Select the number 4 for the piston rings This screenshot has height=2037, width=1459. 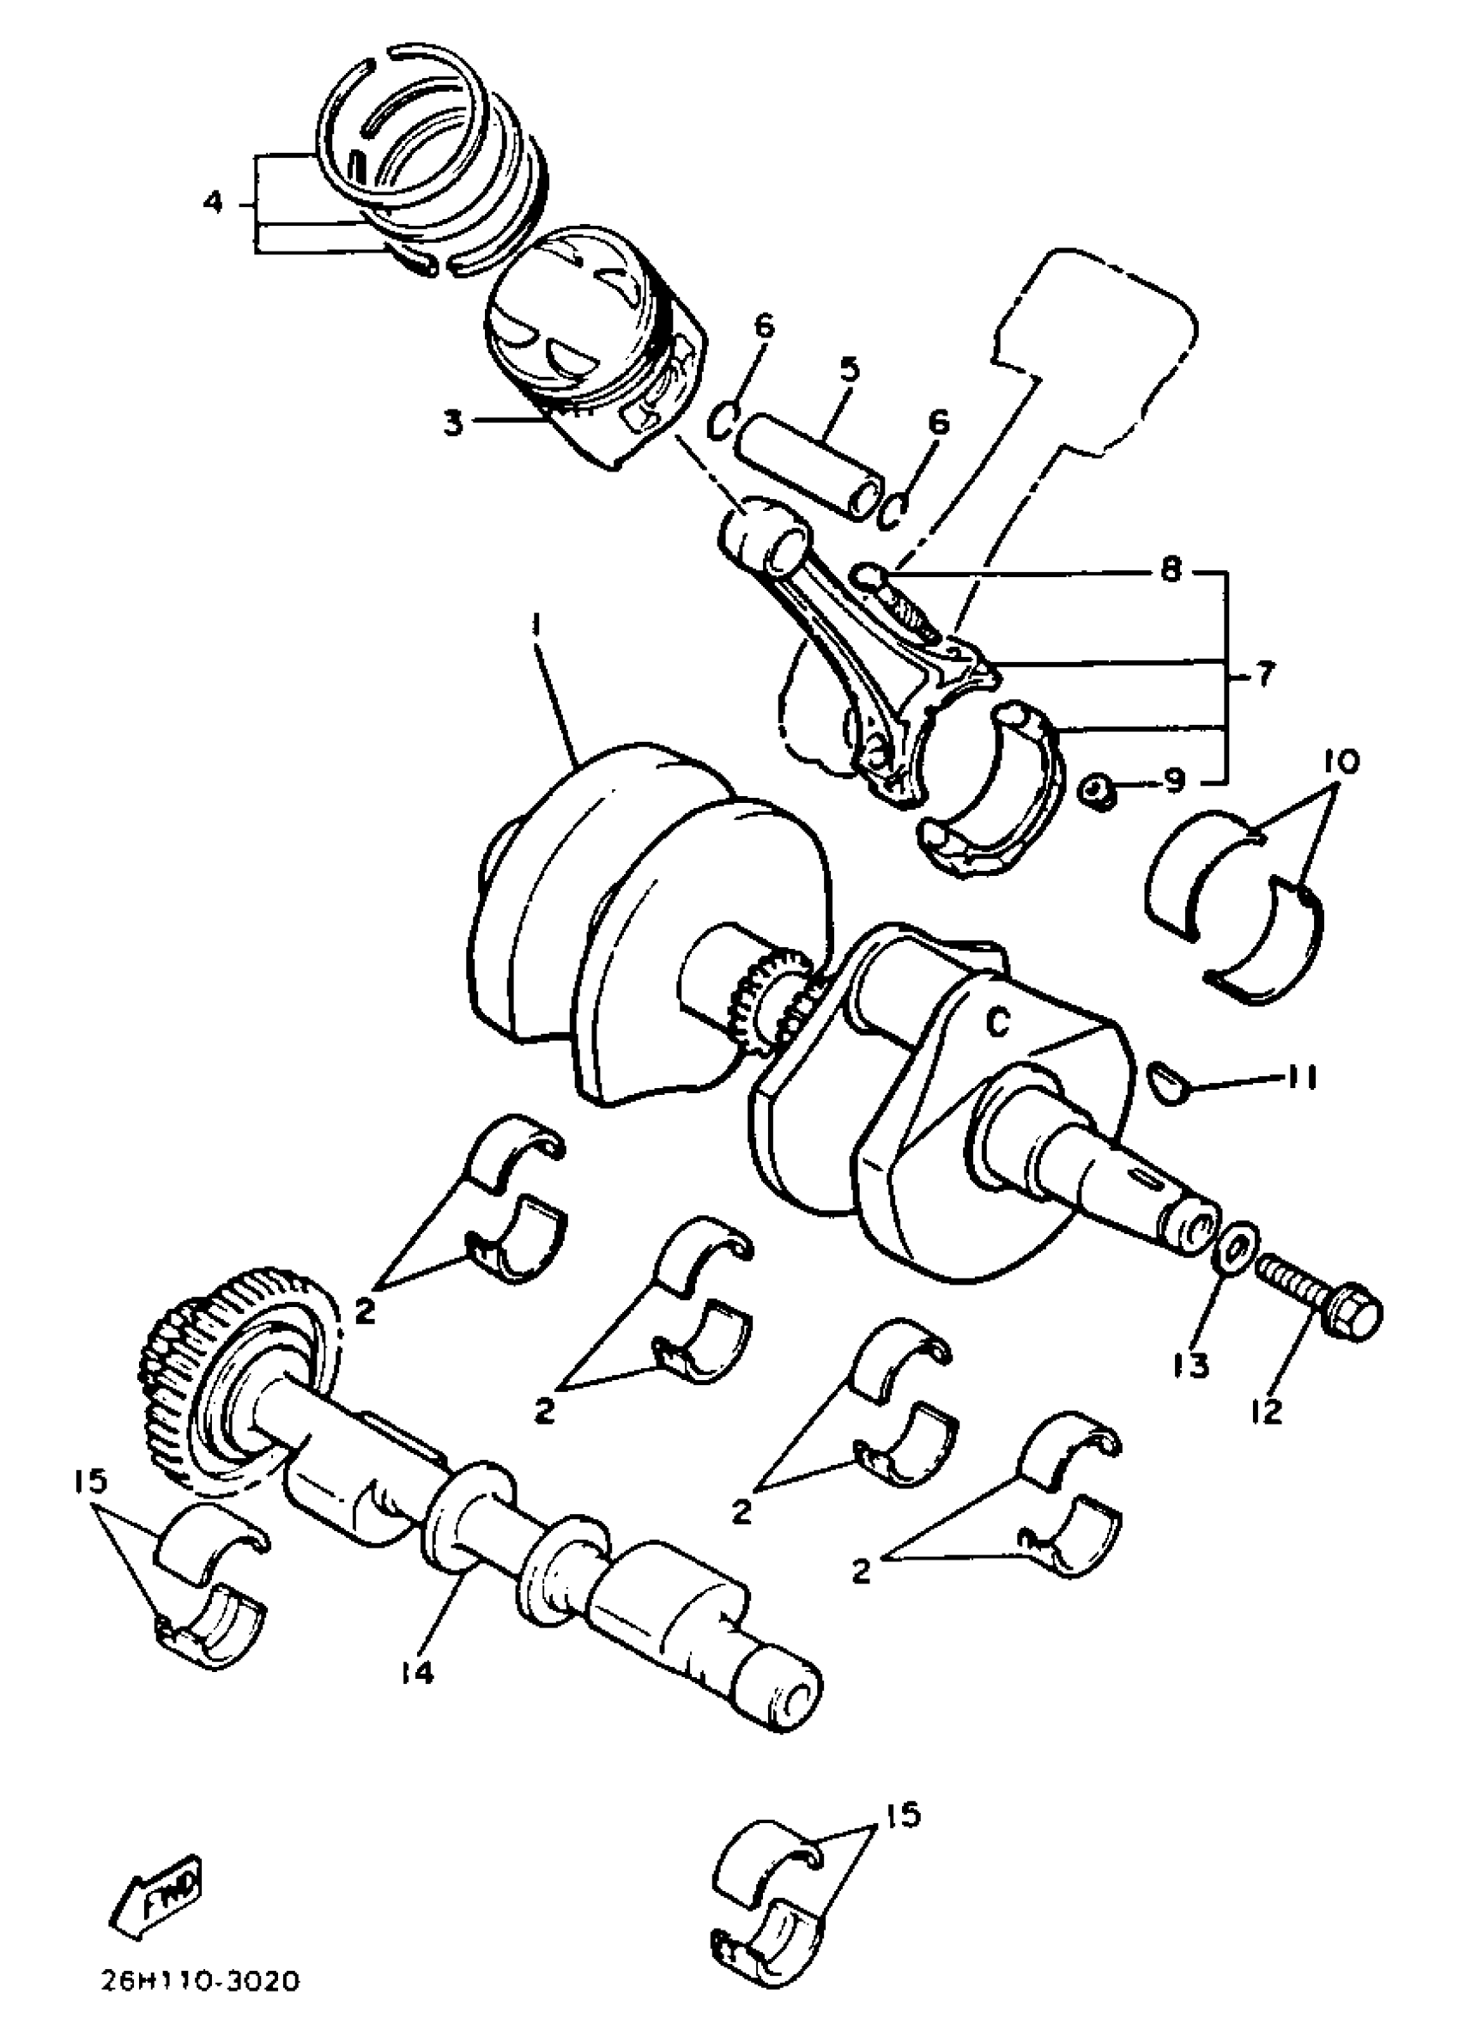[212, 203]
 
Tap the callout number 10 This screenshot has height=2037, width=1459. [1341, 762]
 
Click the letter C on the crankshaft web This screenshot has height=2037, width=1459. [998, 1020]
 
